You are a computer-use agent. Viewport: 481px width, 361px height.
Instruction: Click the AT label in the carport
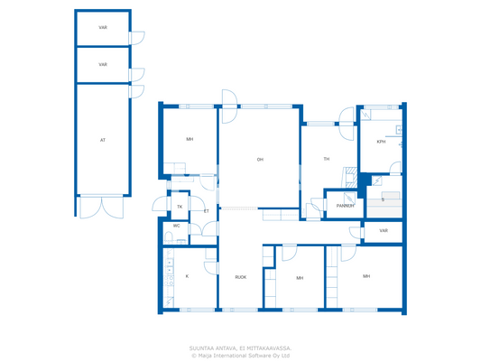pos(102,140)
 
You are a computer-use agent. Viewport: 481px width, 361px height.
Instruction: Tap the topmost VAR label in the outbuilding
pos(103,28)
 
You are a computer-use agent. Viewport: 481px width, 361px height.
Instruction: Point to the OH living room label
pos(260,160)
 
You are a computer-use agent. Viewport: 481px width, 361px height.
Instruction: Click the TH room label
pos(327,160)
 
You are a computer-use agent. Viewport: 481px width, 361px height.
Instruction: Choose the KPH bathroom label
pos(381,142)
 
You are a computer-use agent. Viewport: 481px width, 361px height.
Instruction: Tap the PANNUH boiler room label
pos(345,206)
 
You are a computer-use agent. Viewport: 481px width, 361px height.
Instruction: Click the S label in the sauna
pos(383,199)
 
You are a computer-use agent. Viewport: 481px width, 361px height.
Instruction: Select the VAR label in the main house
pos(383,231)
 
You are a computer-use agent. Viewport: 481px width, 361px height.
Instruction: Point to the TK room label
pos(180,207)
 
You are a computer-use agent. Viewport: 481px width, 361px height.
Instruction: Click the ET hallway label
pos(206,210)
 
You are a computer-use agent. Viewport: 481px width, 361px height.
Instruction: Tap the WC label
pos(177,226)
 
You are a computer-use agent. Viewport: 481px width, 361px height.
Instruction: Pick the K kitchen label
pos(187,276)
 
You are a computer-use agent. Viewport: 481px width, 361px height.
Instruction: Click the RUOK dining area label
pos(240,277)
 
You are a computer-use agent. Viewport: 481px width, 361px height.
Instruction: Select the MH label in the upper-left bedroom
pos(190,140)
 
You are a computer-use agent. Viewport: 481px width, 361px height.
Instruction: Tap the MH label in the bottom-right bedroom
pos(366,275)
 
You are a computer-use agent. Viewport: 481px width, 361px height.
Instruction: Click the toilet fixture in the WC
pos(169,237)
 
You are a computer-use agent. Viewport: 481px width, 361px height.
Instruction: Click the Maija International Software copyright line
pos(240,355)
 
